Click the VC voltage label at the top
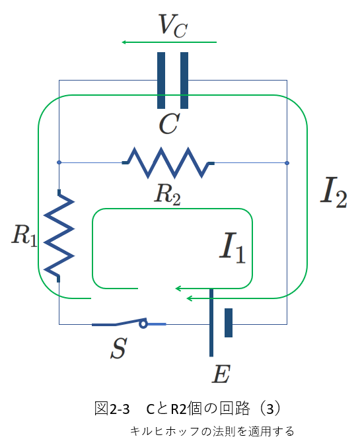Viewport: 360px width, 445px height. click(x=173, y=26)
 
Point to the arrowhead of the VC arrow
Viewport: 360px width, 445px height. click(x=124, y=42)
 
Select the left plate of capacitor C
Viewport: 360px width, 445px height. click(x=161, y=81)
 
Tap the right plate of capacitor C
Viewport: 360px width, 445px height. click(x=184, y=81)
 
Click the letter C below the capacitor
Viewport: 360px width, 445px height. click(x=169, y=123)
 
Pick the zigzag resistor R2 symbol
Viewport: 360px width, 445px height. click(x=168, y=162)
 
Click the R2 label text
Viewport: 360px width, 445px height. click(x=168, y=194)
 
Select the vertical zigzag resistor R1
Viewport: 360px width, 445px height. click(x=59, y=236)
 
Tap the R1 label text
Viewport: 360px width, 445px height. click(x=24, y=235)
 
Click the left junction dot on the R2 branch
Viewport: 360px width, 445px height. click(x=59, y=162)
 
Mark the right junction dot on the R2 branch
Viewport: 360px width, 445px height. click(x=287, y=163)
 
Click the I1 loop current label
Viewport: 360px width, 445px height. click(x=233, y=248)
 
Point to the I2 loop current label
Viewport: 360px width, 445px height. click(x=334, y=192)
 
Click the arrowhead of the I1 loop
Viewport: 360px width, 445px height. click(x=178, y=289)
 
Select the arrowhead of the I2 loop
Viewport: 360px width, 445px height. click(x=189, y=298)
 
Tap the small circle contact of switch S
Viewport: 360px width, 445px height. click(x=143, y=324)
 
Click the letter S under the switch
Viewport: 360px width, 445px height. click(x=119, y=348)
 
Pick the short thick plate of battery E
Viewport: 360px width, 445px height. click(x=229, y=323)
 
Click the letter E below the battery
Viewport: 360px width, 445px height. click(x=221, y=374)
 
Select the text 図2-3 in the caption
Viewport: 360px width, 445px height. click(x=112, y=409)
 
